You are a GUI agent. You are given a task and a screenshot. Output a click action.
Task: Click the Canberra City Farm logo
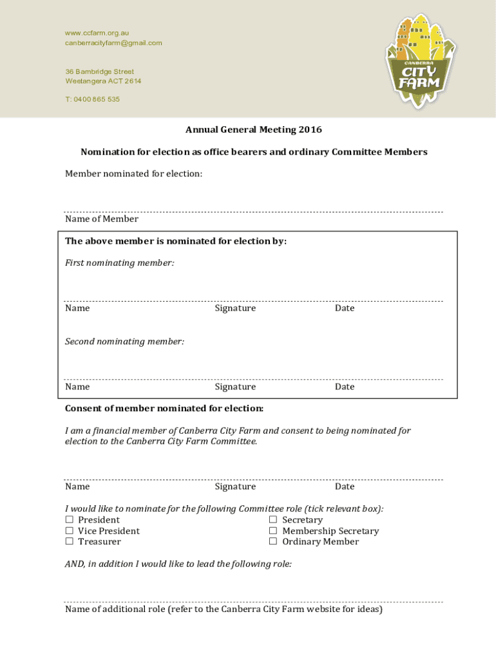[420, 61]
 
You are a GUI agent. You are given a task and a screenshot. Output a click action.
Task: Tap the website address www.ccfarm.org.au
[97, 33]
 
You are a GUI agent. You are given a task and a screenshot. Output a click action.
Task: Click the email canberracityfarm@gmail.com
[113, 43]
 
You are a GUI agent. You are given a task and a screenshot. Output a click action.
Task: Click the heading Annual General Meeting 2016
[254, 130]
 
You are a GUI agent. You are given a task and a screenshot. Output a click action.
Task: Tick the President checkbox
[69, 520]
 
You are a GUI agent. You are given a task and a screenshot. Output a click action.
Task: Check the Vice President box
[69, 531]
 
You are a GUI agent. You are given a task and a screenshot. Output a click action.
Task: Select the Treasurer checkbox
[69, 542]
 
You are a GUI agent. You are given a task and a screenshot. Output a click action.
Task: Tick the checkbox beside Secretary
[273, 520]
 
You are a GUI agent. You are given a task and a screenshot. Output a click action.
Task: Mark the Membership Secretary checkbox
[273, 531]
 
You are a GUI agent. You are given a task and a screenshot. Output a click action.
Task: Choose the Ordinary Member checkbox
[273, 542]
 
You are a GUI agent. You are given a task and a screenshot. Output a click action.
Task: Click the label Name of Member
[102, 219]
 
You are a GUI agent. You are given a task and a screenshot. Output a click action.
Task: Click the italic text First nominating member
[119, 263]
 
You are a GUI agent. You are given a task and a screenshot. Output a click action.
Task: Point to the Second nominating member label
[124, 342]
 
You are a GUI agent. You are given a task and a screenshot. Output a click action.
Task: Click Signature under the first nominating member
[235, 308]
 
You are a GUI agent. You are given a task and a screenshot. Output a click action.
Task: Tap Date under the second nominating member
[345, 387]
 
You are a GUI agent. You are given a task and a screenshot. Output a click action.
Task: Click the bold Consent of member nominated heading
[164, 409]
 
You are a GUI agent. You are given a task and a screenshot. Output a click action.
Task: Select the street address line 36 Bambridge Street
[100, 71]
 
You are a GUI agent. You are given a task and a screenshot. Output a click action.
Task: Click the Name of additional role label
[224, 609]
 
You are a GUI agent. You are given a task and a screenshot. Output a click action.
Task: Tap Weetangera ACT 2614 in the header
[103, 81]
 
